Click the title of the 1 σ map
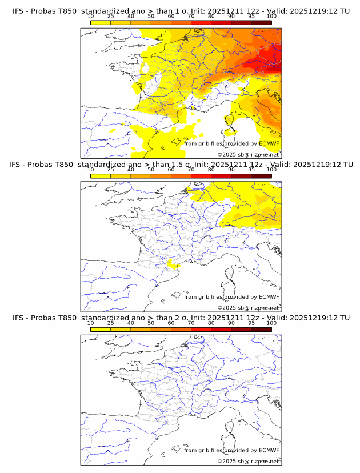[181, 11]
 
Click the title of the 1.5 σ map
[181, 165]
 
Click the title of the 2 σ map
[181, 318]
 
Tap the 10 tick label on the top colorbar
[90, 17]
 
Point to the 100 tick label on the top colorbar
[271, 17]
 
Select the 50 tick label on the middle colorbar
[151, 170]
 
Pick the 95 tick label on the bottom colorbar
[251, 323]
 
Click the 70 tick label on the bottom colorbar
[191, 323]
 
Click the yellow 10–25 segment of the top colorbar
[101, 22]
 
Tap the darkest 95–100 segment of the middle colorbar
[261, 175]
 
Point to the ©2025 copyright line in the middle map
[248, 308]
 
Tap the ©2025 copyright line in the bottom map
[248, 461]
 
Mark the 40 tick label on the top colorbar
[131, 17]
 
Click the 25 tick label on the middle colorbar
[110, 170]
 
